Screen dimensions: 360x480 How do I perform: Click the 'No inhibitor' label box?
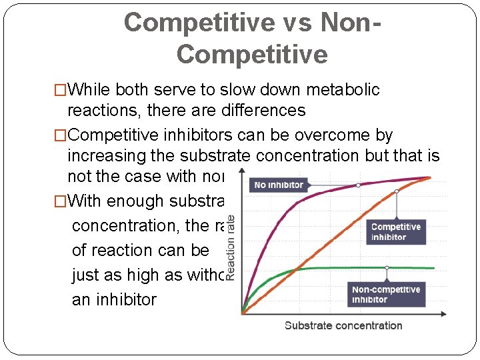click(278, 185)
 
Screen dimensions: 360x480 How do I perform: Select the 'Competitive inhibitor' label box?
click(396, 232)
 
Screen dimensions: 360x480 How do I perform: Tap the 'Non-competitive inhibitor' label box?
click(386, 294)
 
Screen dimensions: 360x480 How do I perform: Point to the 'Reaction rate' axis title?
click(231, 247)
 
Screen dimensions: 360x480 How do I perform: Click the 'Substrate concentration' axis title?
click(343, 325)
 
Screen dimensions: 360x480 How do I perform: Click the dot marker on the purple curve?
click(359, 185)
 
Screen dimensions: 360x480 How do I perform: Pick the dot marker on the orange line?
click(397, 191)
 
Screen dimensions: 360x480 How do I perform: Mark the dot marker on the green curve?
click(387, 267)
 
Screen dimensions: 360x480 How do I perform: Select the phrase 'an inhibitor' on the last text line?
click(113, 299)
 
